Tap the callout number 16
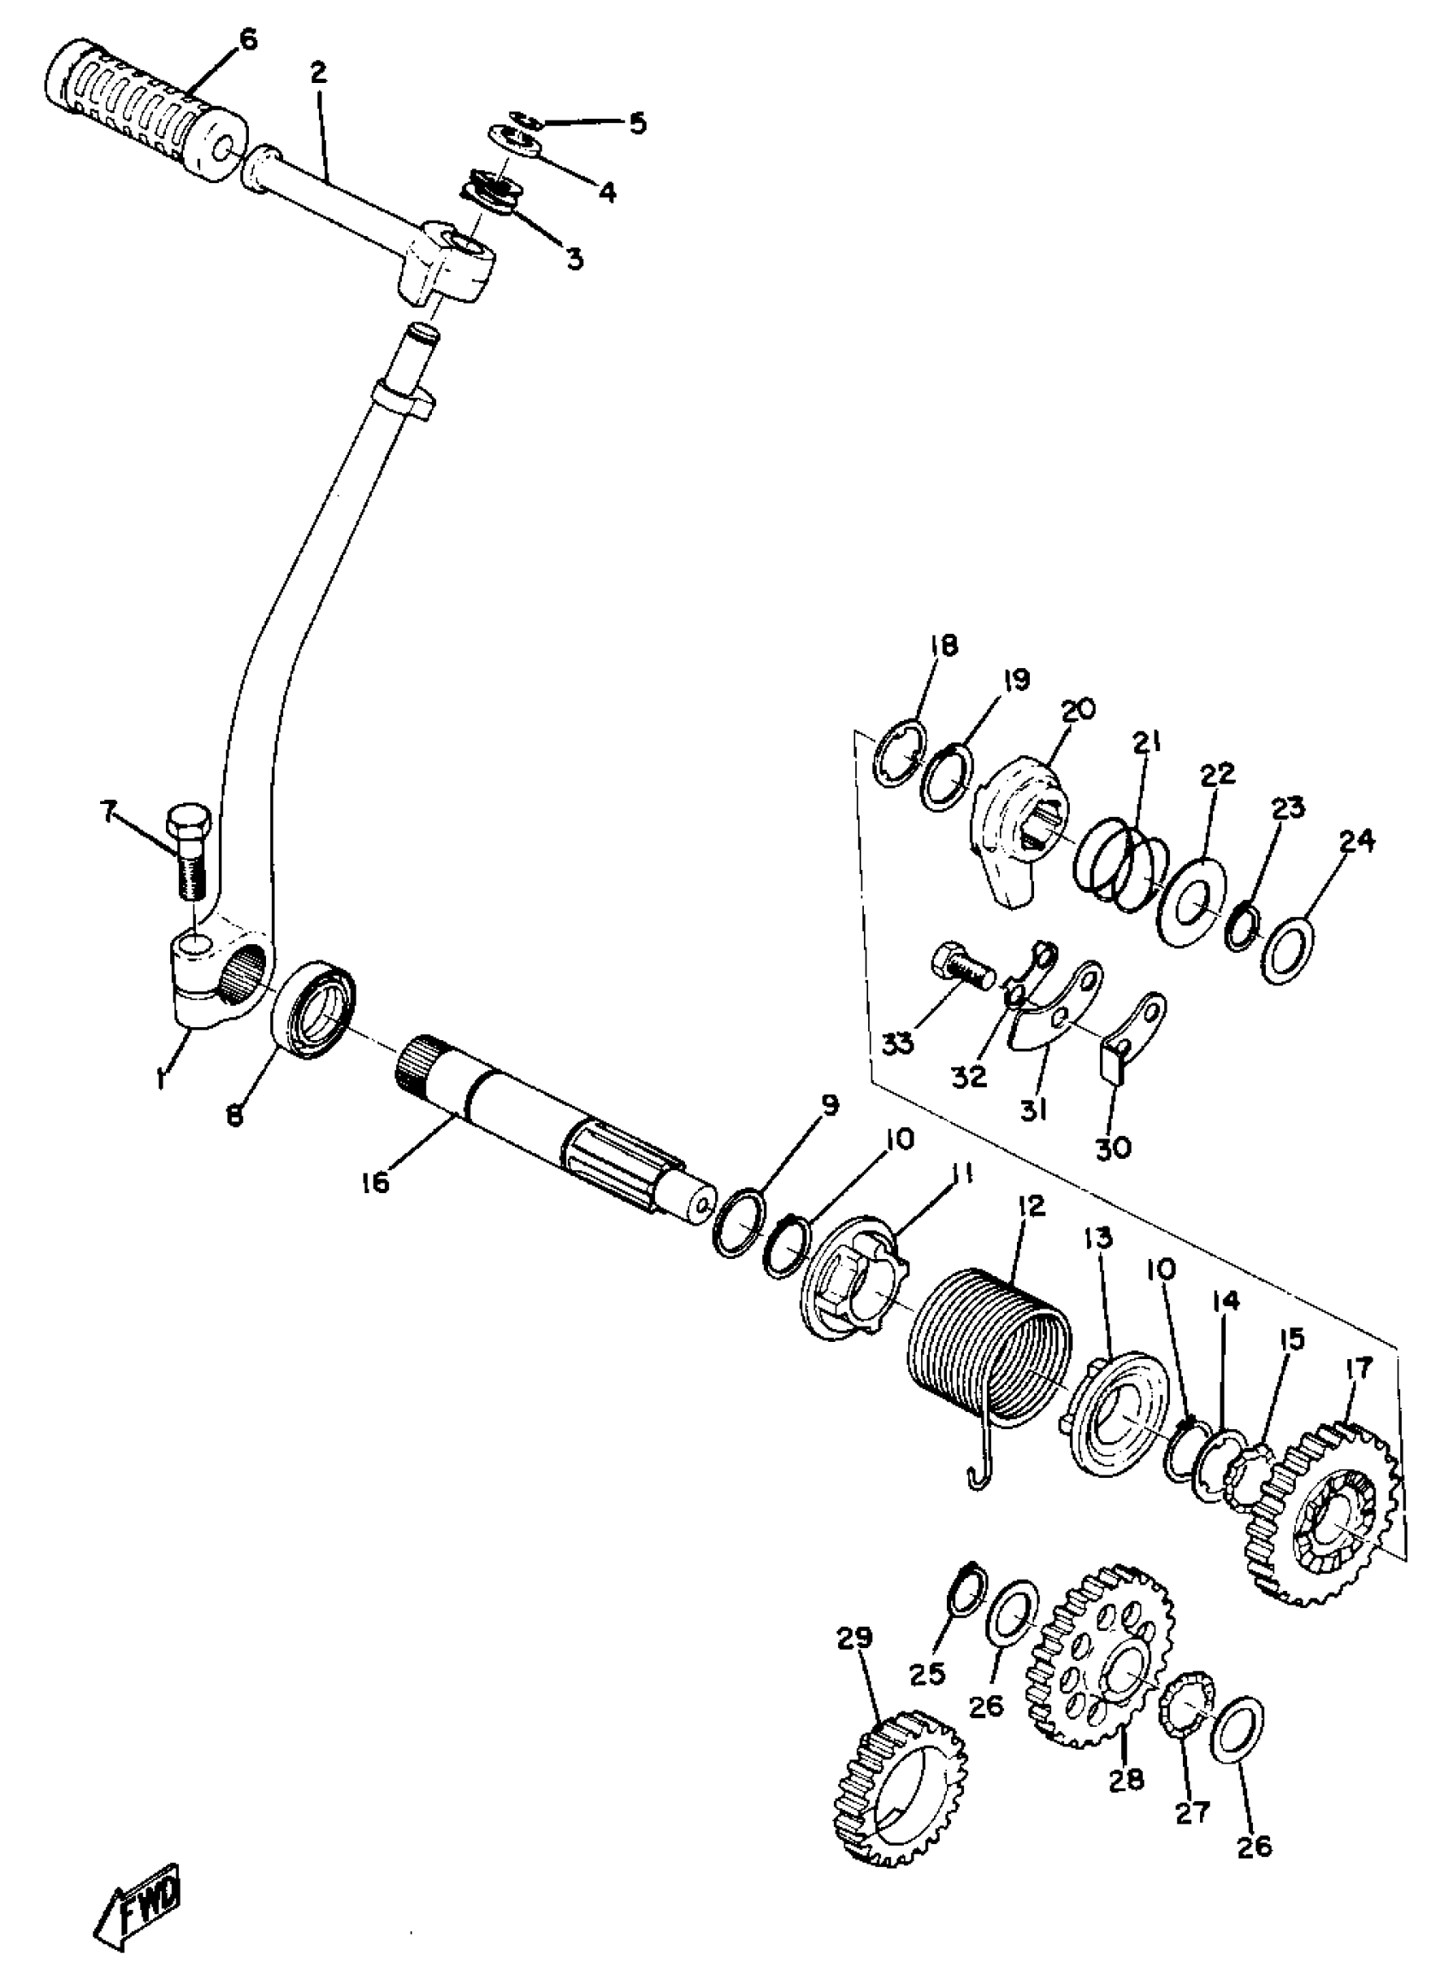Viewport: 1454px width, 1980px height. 375,1184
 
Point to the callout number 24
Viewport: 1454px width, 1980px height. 1356,842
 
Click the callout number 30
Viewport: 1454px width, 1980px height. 1114,1148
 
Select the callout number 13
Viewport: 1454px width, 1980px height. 1099,1238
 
